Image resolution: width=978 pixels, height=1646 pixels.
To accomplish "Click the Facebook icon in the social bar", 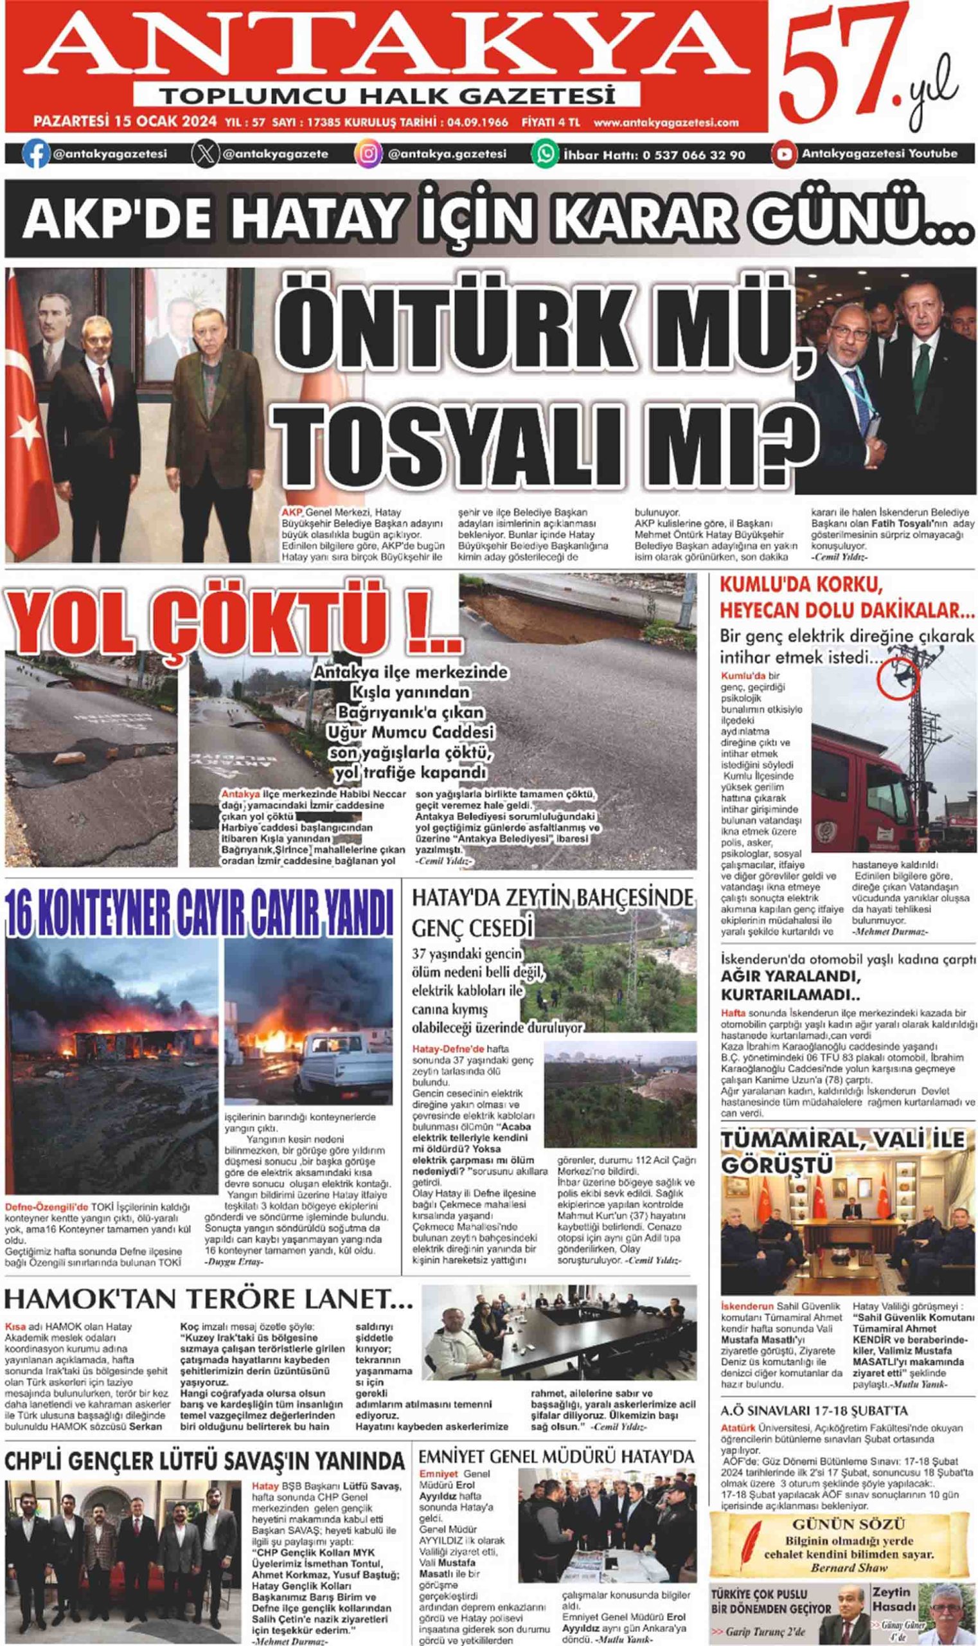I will click(35, 154).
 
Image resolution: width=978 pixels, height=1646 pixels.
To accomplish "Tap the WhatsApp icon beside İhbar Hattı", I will click(546, 154).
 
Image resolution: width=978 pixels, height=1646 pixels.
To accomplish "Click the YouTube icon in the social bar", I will click(783, 154).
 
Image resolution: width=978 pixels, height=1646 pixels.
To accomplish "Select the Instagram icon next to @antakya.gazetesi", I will click(368, 154).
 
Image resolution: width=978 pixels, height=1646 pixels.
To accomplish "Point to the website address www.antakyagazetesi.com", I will click(666, 123).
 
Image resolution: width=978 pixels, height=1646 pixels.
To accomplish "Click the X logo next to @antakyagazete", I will click(206, 154).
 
